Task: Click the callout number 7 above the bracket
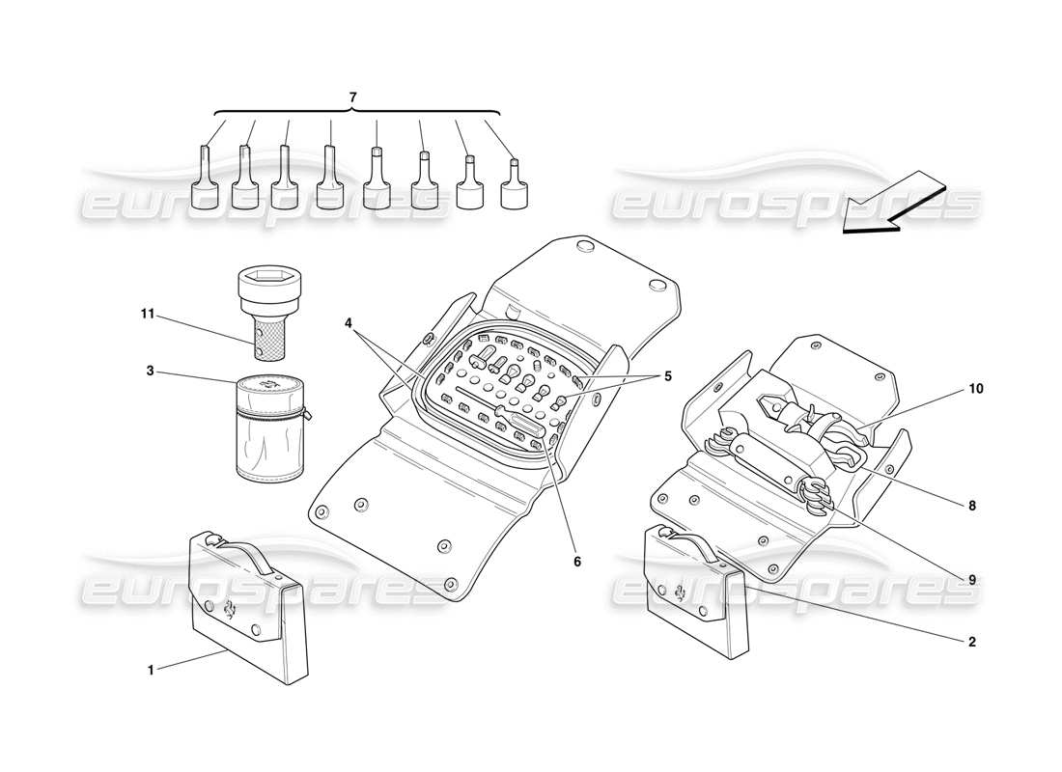pos(352,97)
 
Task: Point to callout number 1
pos(151,670)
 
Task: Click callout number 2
pos(971,641)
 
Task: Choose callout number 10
pos(976,389)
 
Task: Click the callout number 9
pos(972,579)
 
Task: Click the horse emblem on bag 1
pos(231,608)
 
